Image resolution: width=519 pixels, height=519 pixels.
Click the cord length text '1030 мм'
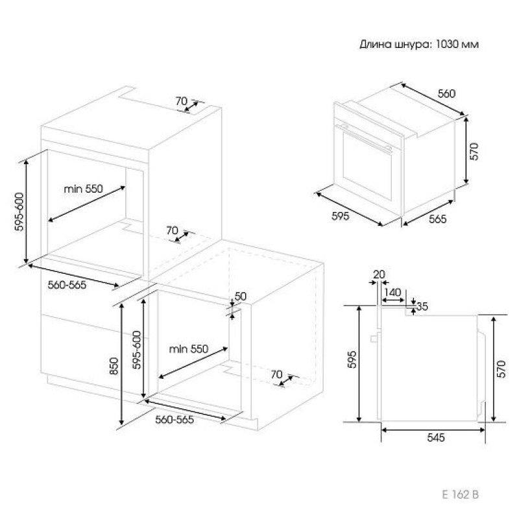457,44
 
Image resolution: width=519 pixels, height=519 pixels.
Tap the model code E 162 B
461,494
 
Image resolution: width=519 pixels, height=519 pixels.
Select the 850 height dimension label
114,366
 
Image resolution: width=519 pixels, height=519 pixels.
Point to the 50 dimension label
240,296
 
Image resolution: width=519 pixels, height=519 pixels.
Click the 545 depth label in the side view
436,437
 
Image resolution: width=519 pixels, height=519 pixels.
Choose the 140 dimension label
393,293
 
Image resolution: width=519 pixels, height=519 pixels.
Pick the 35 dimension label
422,306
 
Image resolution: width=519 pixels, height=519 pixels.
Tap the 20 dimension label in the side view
380,274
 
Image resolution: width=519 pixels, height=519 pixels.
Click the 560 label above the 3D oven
447,93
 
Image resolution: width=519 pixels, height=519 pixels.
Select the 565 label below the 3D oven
438,219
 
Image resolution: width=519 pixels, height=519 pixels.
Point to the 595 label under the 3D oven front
340,216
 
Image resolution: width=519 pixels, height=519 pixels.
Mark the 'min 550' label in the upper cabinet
84,189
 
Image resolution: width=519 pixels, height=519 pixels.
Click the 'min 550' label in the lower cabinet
189,349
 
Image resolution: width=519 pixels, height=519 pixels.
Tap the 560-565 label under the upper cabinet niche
67,285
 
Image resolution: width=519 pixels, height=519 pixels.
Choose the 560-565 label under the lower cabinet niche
175,420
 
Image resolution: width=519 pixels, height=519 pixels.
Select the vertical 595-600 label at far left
19,212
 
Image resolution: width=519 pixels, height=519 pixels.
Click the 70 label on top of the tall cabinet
182,101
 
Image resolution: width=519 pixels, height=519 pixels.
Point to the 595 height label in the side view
352,359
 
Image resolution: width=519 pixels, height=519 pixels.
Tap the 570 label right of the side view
501,368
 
